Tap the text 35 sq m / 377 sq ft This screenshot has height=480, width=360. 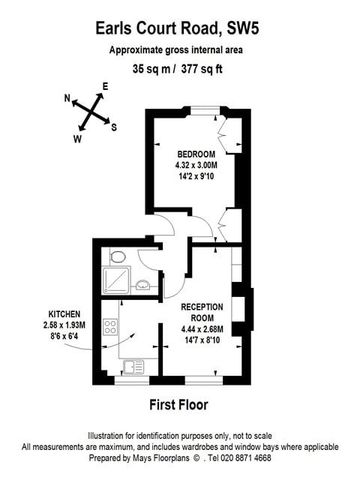point(180,70)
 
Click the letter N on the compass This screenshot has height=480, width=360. point(67,98)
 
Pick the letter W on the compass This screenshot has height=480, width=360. point(77,139)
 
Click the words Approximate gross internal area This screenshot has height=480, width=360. point(180,49)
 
